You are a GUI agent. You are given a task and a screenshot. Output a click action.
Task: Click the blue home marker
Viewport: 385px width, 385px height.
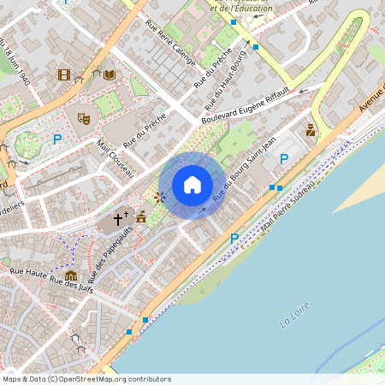(x=192, y=185)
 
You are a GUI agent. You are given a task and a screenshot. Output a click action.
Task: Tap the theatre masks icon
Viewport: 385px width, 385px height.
(x=83, y=118)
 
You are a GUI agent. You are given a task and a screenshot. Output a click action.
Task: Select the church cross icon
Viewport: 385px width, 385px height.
(x=118, y=220)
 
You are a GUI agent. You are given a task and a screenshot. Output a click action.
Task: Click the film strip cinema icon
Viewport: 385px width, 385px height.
(x=64, y=74)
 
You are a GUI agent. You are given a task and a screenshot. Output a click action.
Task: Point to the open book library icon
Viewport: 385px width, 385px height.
(x=110, y=74)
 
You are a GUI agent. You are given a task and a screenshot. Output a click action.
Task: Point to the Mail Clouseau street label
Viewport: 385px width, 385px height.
(x=116, y=159)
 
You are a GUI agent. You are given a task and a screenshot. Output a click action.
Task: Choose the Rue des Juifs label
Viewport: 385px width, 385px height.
(x=69, y=288)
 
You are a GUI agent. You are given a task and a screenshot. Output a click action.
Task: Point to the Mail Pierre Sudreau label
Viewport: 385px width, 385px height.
(x=287, y=205)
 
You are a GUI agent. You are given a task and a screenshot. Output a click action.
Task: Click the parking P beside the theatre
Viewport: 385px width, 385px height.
(x=57, y=139)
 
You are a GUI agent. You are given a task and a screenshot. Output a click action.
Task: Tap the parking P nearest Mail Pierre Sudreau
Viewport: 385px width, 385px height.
(x=234, y=238)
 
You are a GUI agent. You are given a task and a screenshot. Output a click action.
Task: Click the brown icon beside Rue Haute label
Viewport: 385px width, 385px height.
(x=70, y=275)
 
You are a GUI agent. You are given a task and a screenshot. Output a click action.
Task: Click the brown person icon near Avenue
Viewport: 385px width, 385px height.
(x=311, y=131)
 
